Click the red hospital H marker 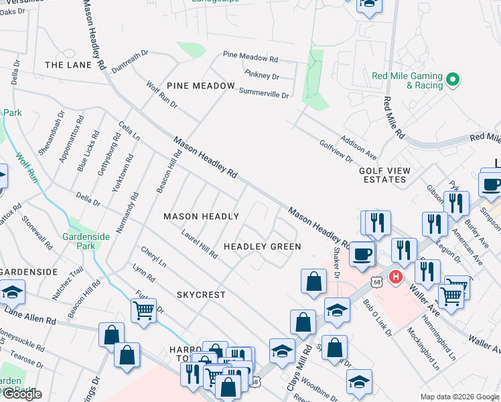click(x=395, y=275)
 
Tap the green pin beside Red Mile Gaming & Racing click(x=453, y=80)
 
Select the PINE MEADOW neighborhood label click(x=201, y=86)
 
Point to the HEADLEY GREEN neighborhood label click(x=262, y=247)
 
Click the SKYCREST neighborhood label click(x=201, y=295)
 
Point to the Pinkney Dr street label click(x=261, y=74)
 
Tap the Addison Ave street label click(x=358, y=143)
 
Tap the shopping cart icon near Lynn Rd click(x=143, y=311)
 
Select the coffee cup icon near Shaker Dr click(x=362, y=255)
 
